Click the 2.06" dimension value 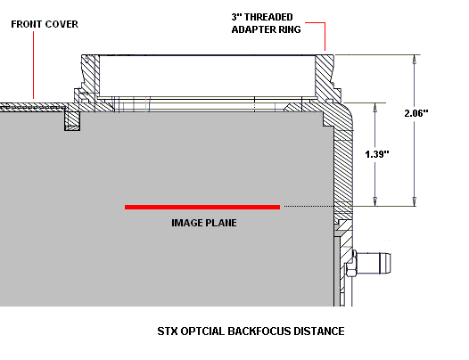tap(416, 113)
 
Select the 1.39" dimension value tap(377, 154)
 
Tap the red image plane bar tap(202, 207)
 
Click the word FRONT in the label tap(24, 24)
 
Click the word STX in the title tap(168, 331)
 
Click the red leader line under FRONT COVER tap(33, 65)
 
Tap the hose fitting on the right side tap(372, 263)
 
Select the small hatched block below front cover tap(72, 121)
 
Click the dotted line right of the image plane tap(309, 206)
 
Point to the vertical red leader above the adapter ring tap(325, 37)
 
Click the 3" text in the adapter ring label tap(236, 17)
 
